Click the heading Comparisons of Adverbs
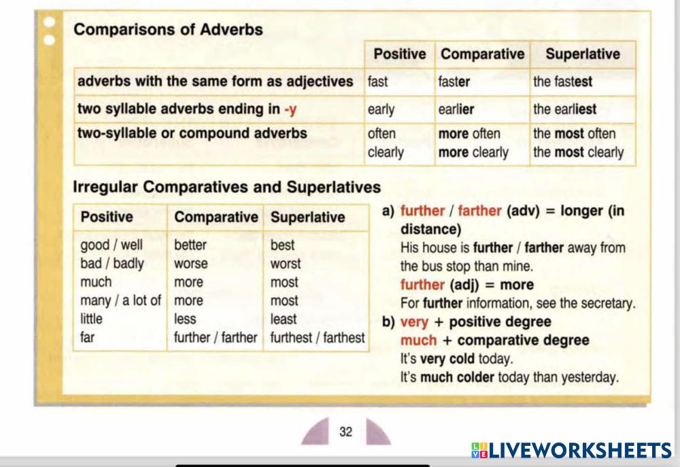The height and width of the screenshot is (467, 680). coord(168,29)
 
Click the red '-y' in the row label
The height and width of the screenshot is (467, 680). coord(290,109)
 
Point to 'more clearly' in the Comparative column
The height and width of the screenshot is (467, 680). coord(473,153)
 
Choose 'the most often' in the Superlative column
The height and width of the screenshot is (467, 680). coord(574,133)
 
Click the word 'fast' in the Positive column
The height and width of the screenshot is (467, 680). coord(377,82)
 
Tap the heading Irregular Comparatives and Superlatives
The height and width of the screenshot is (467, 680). coord(227,187)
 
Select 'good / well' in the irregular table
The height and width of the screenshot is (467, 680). coord(112,245)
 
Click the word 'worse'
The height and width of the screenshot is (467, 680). coord(191,264)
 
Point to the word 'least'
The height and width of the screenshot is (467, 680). coord(284,319)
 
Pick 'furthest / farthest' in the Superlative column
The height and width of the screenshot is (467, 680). coord(318,337)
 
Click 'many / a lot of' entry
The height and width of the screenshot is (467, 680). coord(120,300)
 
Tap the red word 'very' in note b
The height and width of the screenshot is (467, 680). coord(414,322)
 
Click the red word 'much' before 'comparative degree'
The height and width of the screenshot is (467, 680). coord(418,341)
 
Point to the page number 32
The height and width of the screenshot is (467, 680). coord(345,432)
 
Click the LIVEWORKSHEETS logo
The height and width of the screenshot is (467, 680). coord(572,451)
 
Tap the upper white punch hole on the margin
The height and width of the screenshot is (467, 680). coord(50,22)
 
